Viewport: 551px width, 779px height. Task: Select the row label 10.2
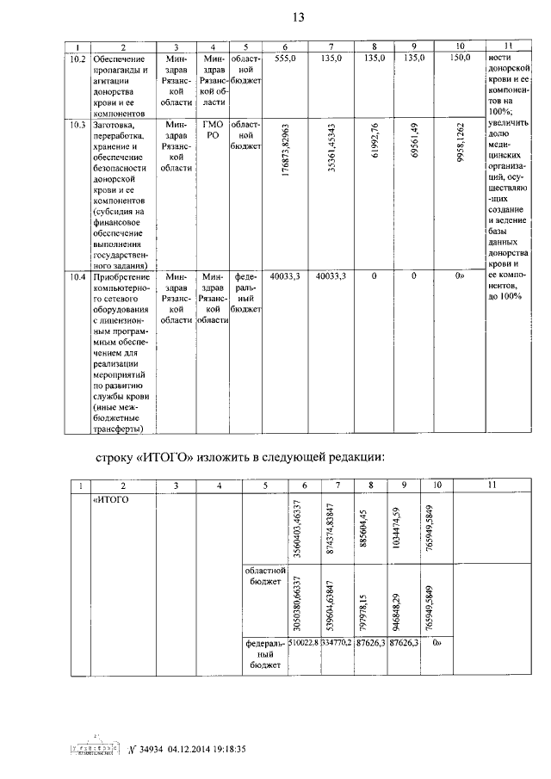[x=77, y=58]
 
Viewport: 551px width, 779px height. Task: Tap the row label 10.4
[x=77, y=276]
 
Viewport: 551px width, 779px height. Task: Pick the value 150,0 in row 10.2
[x=459, y=58]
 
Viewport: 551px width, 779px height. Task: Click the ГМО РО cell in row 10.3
[x=213, y=130]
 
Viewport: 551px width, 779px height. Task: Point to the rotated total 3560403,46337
[x=297, y=529]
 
